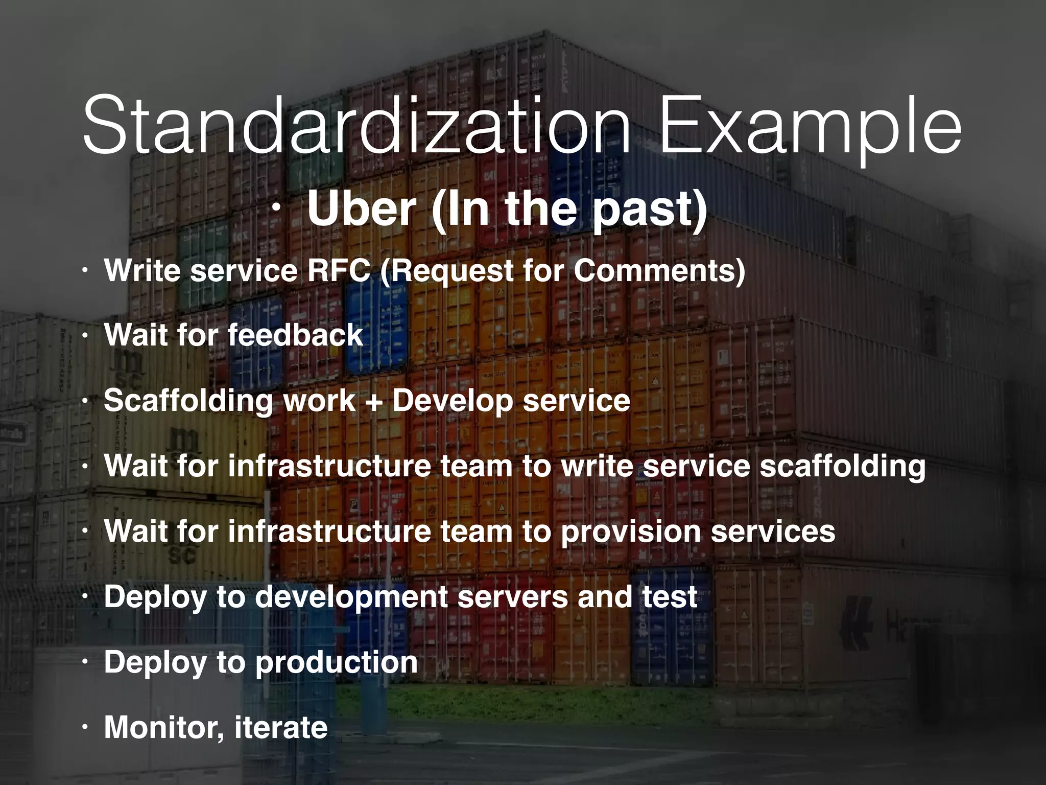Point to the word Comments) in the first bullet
pos(659,271)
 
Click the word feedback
pos(295,335)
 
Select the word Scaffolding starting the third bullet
pos(188,401)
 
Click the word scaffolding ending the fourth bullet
pos(843,467)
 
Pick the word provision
pos(630,532)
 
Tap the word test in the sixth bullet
pos(670,596)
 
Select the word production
pos(336,662)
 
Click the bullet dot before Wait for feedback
pos(86,336)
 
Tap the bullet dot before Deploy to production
pos(86,663)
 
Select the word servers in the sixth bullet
pos(512,596)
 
